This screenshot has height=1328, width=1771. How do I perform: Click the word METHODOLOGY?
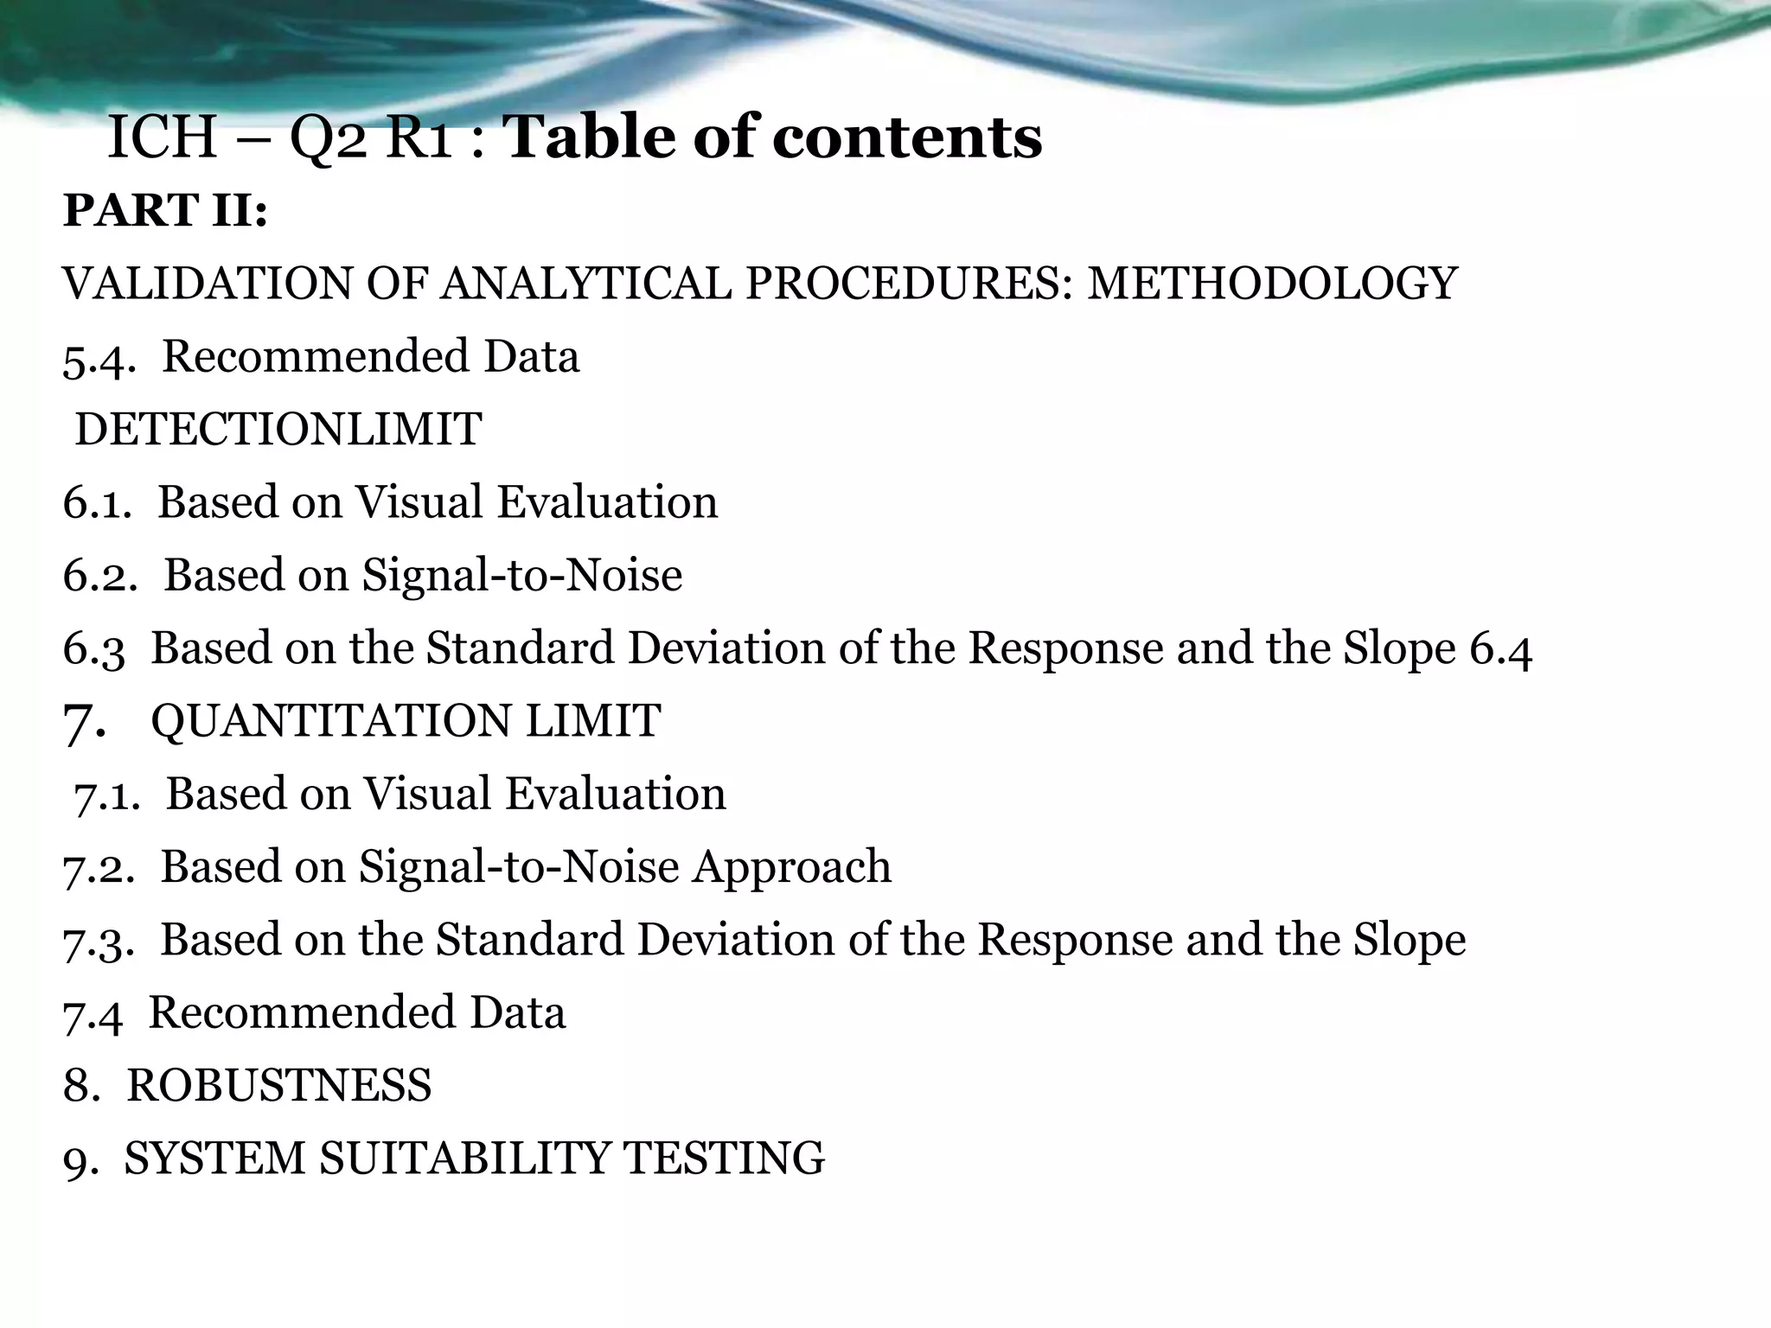(x=1272, y=284)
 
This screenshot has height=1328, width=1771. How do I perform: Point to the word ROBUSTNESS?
(x=278, y=1086)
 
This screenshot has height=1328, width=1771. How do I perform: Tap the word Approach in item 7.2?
(x=791, y=867)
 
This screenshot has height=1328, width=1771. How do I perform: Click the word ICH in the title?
(x=162, y=138)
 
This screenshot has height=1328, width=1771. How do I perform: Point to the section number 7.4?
(x=93, y=1014)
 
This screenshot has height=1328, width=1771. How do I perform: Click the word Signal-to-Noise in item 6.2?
(x=522, y=576)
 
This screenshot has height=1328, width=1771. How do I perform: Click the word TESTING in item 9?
(x=724, y=1159)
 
